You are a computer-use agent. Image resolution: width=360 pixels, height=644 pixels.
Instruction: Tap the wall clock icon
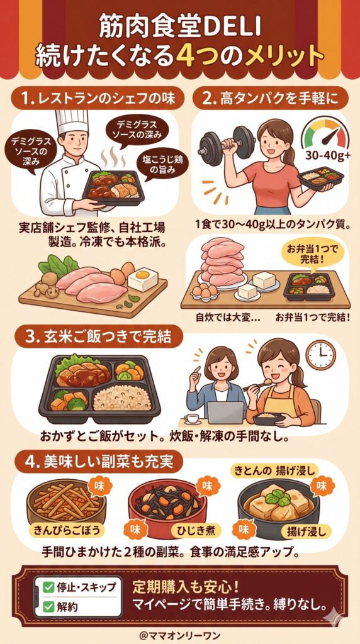[x=320, y=355]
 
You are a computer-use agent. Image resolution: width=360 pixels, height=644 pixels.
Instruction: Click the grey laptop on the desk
[x=225, y=413]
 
